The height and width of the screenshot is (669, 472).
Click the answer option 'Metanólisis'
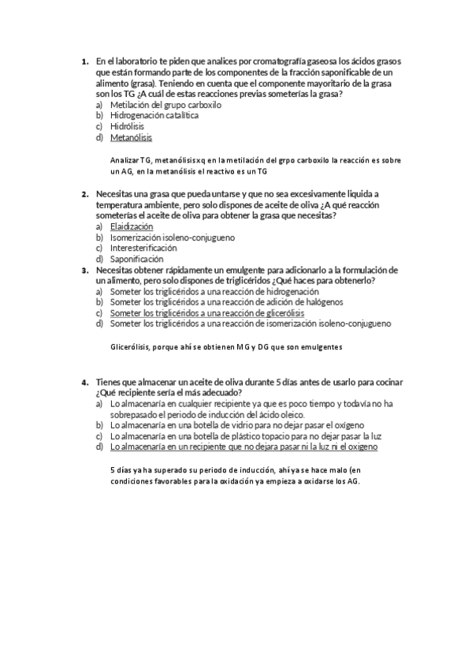click(131, 137)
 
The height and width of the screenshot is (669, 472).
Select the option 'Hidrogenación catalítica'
click(154, 114)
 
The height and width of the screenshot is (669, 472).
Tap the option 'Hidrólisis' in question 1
click(127, 126)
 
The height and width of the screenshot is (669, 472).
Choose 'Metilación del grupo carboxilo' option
click(165, 103)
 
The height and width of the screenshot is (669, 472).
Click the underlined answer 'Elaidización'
click(132, 226)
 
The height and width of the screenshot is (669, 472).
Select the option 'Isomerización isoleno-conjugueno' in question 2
click(172, 237)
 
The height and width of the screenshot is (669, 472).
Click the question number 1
click(84, 60)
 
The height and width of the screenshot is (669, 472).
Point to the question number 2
click(84, 193)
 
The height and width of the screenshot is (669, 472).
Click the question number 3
click(84, 270)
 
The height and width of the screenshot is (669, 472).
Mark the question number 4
click(84, 383)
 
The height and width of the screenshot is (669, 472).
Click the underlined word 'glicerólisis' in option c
click(282, 313)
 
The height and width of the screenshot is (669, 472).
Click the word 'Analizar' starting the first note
click(125, 159)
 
